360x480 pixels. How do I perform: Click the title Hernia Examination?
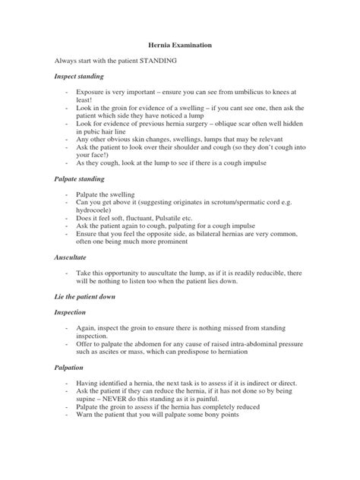pos(179,46)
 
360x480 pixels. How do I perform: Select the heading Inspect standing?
pos(78,77)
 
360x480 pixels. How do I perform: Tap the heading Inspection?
pos(71,312)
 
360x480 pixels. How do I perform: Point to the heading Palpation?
pos(69,368)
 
